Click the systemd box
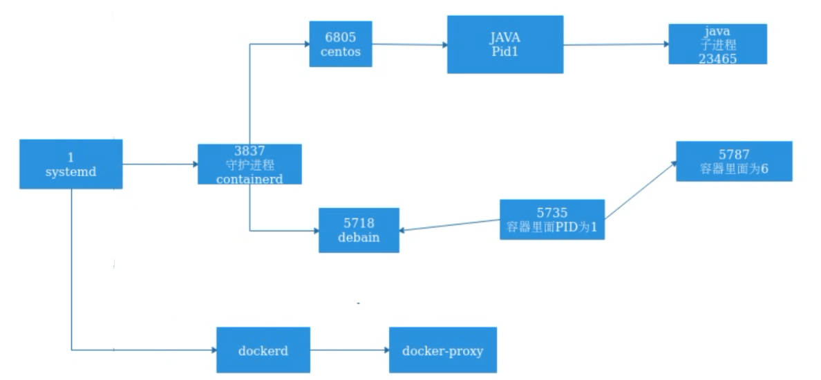(70, 164)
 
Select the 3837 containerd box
(249, 164)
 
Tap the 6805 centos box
(340, 44)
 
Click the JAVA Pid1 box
(504, 44)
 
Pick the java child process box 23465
(717, 44)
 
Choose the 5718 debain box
(359, 230)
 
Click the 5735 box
(551, 220)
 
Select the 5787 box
(733, 161)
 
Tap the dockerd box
(263, 350)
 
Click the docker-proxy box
(442, 350)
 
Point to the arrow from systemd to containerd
(160, 164)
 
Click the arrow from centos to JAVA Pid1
(409, 46)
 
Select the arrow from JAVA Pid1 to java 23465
(615, 44)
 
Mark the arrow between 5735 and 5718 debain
(449, 225)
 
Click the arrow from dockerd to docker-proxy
(349, 350)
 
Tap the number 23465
(717, 59)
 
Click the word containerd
(249, 178)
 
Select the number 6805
(340, 36)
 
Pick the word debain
(359, 238)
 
